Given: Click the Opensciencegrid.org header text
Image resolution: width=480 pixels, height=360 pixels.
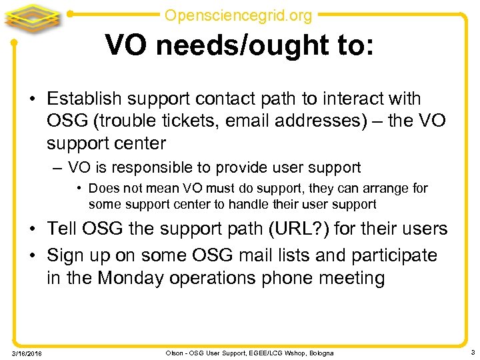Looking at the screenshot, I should (238, 14).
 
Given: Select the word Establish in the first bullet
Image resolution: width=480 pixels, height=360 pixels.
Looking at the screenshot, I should (84, 99).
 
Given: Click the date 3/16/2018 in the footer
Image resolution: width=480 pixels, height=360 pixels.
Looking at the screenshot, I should (26, 353).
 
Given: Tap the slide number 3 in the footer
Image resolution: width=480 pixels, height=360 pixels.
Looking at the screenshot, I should (471, 351).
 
